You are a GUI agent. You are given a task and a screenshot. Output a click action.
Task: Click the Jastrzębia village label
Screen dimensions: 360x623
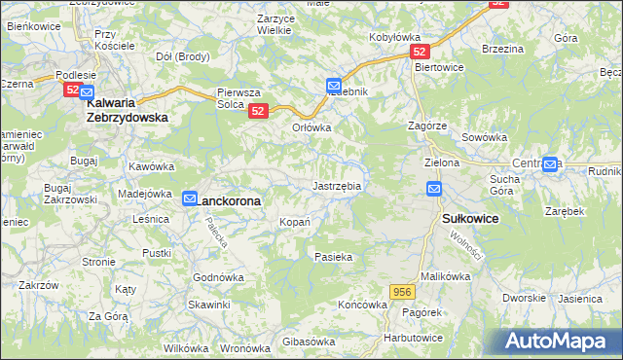pyautogui.click(x=337, y=185)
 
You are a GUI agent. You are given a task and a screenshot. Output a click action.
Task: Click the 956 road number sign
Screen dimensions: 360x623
pyautogui.click(x=404, y=291)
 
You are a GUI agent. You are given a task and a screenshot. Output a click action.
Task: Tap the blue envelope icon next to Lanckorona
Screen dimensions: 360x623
pyautogui.click(x=191, y=198)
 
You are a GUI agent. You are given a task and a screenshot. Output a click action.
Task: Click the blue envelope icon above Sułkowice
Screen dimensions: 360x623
pyautogui.click(x=434, y=189)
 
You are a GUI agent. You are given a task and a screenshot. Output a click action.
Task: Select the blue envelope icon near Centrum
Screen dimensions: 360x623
pyautogui.click(x=552, y=163)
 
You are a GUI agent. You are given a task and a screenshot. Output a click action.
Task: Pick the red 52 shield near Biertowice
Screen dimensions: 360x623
pyautogui.click(x=419, y=50)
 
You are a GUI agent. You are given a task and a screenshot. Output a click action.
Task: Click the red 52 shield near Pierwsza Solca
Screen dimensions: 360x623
pyautogui.click(x=257, y=111)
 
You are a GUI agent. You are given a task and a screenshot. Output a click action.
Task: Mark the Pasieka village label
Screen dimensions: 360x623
pyautogui.click(x=333, y=257)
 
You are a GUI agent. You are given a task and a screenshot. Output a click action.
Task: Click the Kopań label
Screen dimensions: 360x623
pyautogui.click(x=296, y=222)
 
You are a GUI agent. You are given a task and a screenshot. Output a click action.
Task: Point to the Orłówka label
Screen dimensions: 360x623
pyautogui.click(x=312, y=127)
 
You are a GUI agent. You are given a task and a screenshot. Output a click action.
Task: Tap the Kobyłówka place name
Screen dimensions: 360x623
pyautogui.click(x=393, y=38)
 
